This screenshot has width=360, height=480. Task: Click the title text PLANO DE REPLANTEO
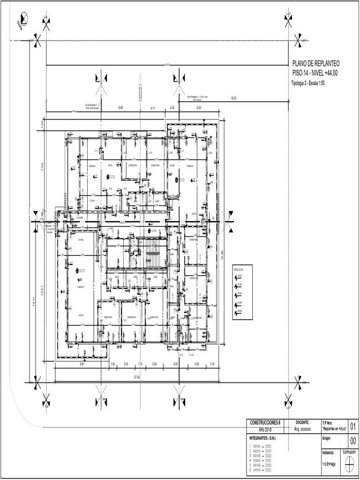coord(316,64)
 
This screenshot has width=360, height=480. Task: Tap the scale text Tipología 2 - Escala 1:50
coord(308,83)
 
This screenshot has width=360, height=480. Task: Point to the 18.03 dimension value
coord(233,98)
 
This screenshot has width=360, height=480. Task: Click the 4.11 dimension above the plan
coord(153,108)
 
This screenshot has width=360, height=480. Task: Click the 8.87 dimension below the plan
coord(82,364)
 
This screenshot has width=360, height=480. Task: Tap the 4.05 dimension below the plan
coord(175,364)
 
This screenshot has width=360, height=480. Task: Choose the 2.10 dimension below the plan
coord(212,364)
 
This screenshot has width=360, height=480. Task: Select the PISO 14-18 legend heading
coord(239,270)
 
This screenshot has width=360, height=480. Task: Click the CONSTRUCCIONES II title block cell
coord(265,422)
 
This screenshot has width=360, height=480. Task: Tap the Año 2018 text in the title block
coord(265,429)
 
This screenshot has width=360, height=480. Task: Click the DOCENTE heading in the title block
coord(302,422)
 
